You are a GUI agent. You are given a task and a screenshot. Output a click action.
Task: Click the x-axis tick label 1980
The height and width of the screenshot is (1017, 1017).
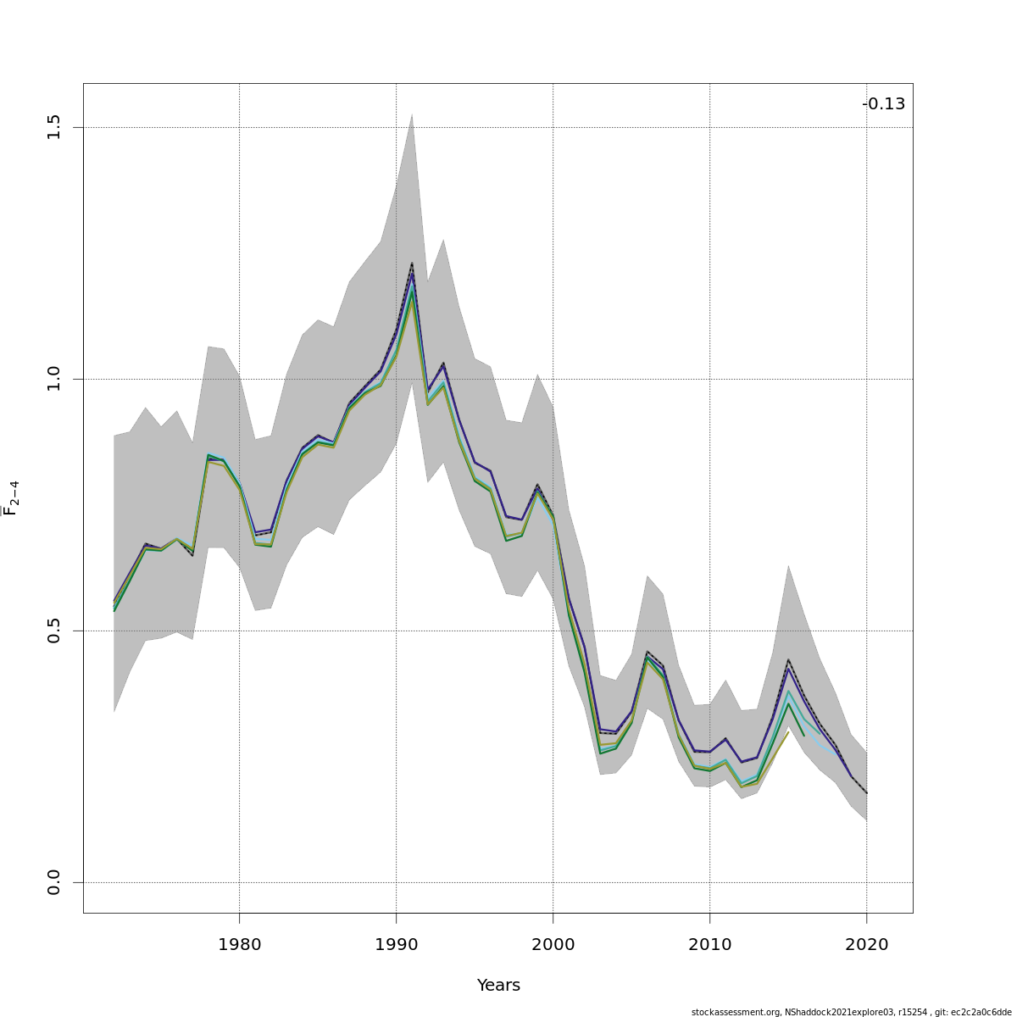(x=239, y=945)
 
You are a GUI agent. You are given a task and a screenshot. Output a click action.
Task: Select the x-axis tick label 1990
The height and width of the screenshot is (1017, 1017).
(x=396, y=945)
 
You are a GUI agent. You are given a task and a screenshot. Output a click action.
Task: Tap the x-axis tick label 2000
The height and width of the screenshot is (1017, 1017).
(x=553, y=945)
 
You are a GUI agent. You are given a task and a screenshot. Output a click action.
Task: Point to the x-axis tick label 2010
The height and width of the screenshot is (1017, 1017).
(x=709, y=945)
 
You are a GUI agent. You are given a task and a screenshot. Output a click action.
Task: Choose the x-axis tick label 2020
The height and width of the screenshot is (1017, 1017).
(x=866, y=945)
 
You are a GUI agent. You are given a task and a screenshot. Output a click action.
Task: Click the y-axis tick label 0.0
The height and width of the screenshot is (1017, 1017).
(x=54, y=882)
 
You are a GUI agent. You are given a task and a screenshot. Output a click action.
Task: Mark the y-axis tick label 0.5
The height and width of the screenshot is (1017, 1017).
(x=54, y=631)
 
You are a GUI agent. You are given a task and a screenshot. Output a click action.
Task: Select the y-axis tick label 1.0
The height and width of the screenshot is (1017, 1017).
(x=54, y=379)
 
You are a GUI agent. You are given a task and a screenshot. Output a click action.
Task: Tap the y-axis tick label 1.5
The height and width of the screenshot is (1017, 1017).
(x=54, y=127)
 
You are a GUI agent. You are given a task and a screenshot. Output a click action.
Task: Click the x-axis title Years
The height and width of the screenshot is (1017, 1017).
(x=498, y=986)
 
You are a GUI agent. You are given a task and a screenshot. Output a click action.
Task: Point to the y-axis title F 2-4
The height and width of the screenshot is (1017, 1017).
(x=11, y=498)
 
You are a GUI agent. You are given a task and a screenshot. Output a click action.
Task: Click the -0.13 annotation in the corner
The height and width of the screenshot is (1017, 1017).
(x=883, y=104)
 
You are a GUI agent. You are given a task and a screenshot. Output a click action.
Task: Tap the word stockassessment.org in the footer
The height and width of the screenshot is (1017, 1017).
(x=736, y=1012)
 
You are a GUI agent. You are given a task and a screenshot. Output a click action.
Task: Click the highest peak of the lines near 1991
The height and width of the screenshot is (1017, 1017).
(x=412, y=264)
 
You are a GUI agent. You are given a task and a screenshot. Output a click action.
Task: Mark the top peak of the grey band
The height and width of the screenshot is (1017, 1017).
(x=412, y=114)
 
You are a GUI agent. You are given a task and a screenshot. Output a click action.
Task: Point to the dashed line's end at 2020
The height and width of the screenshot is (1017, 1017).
(x=866, y=793)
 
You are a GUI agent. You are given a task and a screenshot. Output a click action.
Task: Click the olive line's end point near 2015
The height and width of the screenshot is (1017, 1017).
(x=788, y=731)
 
